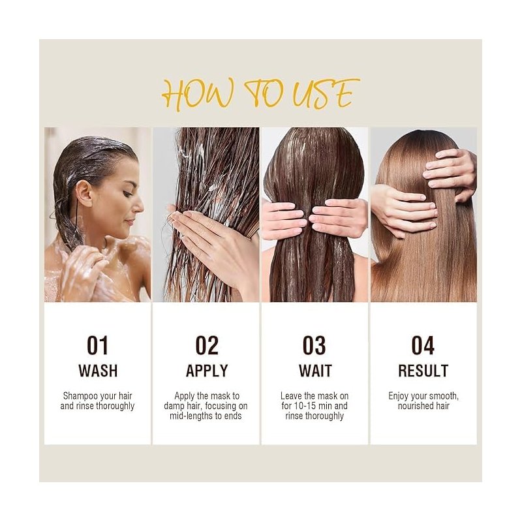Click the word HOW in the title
[198, 93]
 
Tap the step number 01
[97, 346]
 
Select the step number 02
[207, 346]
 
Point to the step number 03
[315, 346]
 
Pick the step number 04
[423, 346]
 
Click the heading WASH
[98, 371]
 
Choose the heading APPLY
[207, 371]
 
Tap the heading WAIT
[315, 371]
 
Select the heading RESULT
[423, 371]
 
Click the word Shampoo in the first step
[80, 396]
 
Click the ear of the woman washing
[84, 193]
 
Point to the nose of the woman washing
[138, 206]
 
